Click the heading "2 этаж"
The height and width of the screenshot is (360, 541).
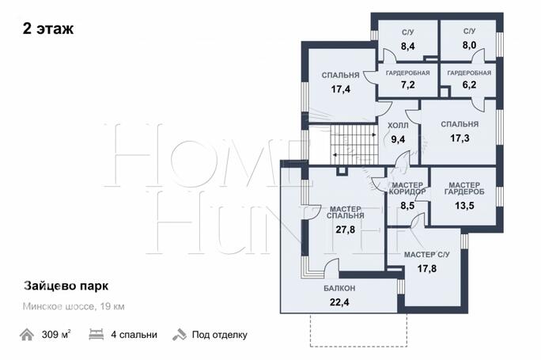[x=48, y=28]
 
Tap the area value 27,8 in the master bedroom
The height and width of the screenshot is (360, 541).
[x=345, y=229]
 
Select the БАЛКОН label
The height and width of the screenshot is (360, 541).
[x=339, y=288]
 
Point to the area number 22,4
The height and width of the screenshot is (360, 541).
[x=339, y=302]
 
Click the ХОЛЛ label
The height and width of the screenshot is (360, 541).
[x=398, y=126]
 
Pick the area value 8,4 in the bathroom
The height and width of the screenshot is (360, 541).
[x=408, y=46]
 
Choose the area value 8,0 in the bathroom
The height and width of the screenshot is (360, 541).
[x=469, y=45]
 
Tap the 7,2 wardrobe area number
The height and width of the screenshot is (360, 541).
[x=408, y=85]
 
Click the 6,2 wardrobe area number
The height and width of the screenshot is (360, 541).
[x=469, y=85]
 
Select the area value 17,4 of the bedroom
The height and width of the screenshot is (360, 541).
[x=341, y=89]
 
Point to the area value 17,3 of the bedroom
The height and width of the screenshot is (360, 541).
[x=460, y=138]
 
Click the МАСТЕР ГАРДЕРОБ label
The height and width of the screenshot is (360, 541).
[x=464, y=188]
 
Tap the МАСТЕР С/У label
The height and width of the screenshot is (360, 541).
[x=427, y=255]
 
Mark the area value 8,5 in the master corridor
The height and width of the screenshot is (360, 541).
[x=407, y=206]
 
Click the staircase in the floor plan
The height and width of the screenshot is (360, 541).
[x=354, y=144]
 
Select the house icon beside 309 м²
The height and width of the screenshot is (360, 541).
[x=27, y=335]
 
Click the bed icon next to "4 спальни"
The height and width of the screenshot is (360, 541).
[x=96, y=335]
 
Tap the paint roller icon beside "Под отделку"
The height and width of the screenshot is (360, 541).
[x=179, y=335]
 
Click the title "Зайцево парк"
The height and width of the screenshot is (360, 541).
[x=66, y=286]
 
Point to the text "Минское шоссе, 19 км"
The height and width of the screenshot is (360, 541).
[x=74, y=306]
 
